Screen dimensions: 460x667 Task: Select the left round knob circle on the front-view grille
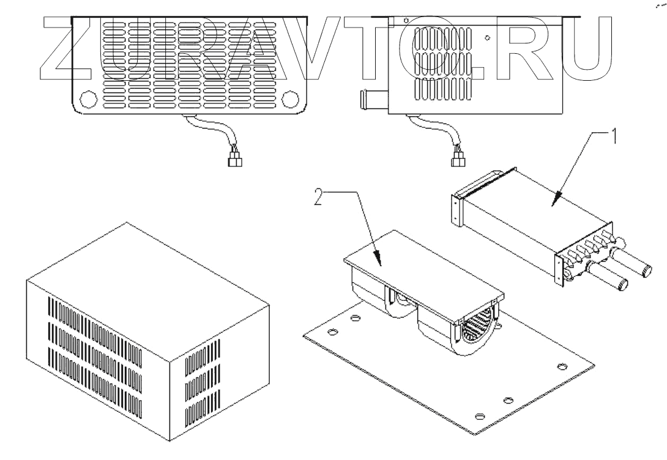87,98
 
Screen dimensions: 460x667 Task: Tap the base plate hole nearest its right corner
561,366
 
